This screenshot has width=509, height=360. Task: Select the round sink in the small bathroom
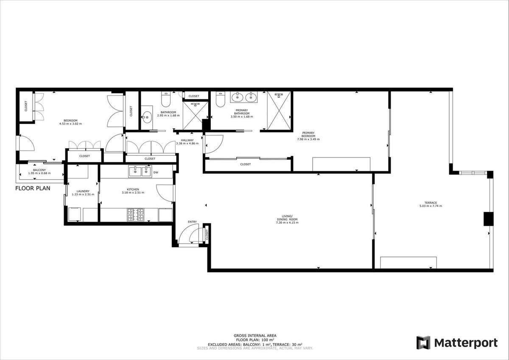(146, 117)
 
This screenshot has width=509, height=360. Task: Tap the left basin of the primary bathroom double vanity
(237, 98)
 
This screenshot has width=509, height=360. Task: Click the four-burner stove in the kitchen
(135, 214)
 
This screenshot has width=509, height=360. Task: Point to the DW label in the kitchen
(156, 172)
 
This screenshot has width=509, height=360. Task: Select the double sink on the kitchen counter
(140, 171)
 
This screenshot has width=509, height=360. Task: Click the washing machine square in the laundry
(75, 214)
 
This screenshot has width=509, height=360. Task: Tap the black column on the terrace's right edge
(488, 218)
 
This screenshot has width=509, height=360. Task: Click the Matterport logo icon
(423, 343)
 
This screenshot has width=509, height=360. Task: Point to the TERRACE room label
(431, 203)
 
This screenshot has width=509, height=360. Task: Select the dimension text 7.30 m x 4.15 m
(287, 222)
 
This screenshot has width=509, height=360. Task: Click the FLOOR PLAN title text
(33, 188)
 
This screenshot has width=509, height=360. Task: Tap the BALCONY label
(39, 170)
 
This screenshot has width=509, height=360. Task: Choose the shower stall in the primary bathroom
(279, 110)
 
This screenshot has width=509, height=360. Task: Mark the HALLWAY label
(187, 140)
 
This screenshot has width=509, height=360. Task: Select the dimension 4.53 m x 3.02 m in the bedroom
(70, 124)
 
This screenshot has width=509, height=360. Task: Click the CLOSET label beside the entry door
(207, 234)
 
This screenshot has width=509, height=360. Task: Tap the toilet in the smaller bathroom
(165, 100)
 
